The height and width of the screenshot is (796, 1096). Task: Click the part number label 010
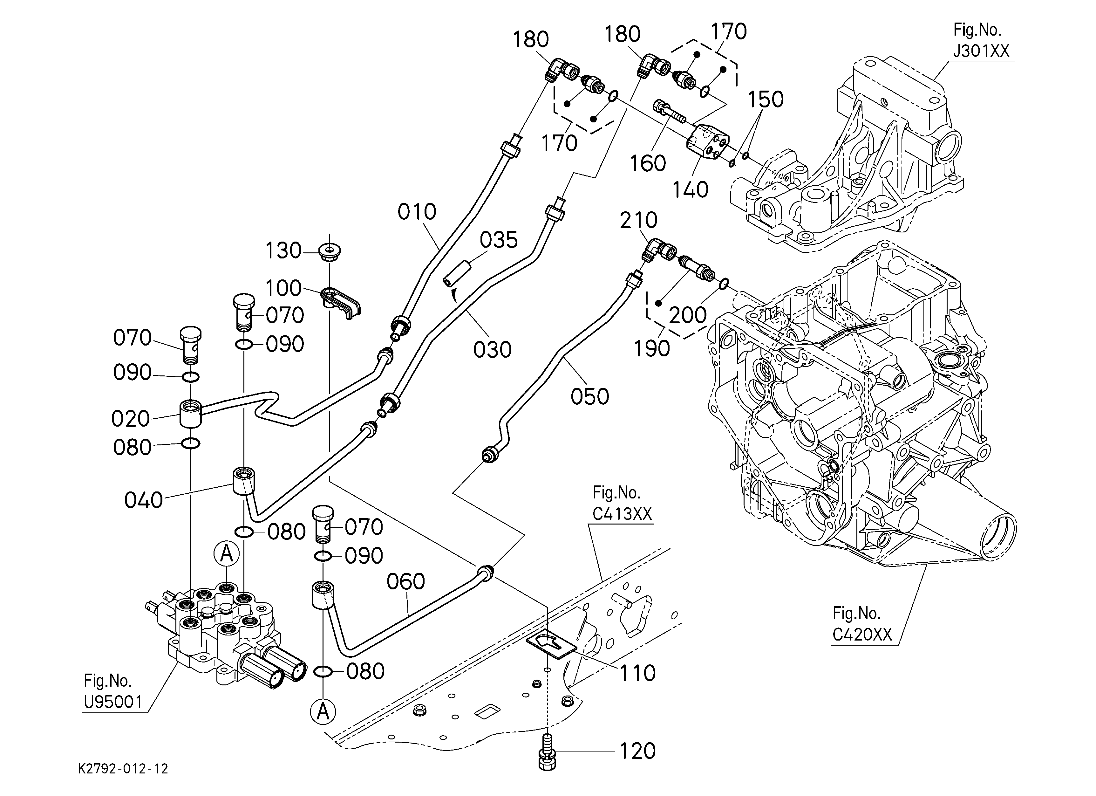click(417, 212)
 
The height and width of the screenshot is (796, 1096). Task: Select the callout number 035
click(499, 239)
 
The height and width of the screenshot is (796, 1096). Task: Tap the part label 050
click(589, 396)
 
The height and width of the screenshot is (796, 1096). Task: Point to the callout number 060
click(405, 581)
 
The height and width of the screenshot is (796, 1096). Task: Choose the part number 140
click(691, 190)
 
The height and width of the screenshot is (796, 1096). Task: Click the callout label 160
click(648, 163)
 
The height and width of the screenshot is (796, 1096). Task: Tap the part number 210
click(638, 220)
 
